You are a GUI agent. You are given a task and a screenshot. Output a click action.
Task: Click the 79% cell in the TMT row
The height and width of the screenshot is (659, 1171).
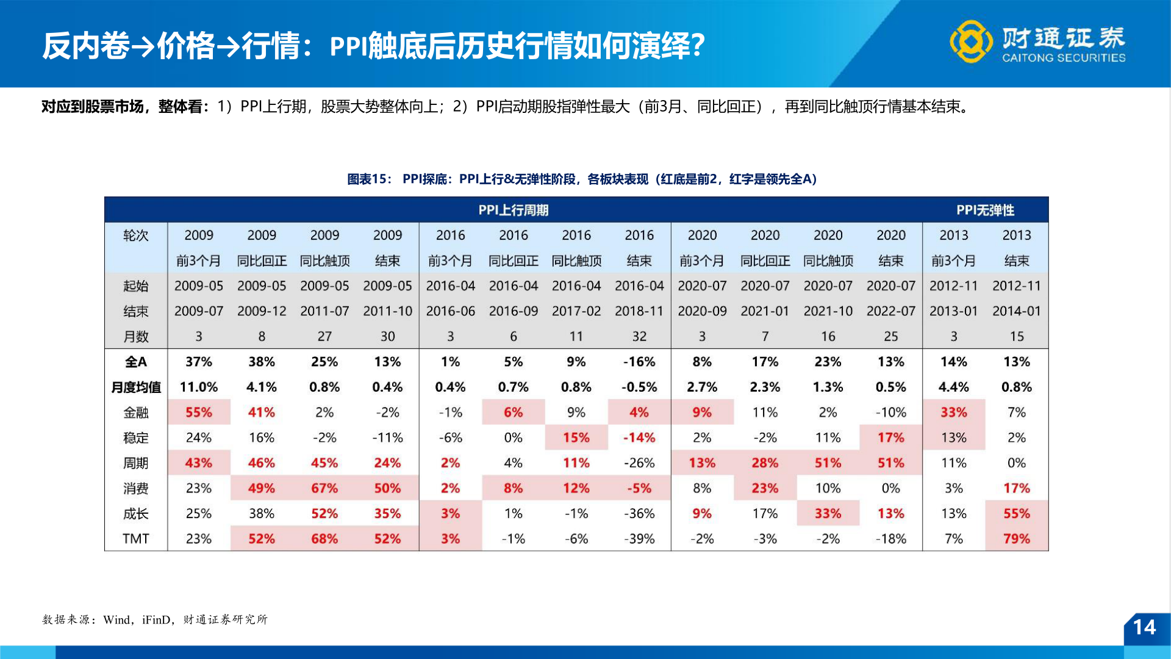[x=1016, y=539]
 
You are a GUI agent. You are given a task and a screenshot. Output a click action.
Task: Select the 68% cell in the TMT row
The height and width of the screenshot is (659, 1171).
[x=324, y=539]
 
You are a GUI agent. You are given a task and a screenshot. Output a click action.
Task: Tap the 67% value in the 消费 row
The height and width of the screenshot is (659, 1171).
[x=324, y=488]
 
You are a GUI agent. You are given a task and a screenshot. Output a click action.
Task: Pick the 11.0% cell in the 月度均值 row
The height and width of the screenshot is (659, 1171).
[x=198, y=387]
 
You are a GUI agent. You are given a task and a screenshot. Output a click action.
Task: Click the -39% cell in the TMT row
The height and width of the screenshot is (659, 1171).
[x=639, y=539]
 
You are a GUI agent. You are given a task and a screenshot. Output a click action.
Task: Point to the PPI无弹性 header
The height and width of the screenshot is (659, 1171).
[x=985, y=210]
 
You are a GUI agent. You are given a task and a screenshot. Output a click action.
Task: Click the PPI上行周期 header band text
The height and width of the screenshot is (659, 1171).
[x=513, y=210]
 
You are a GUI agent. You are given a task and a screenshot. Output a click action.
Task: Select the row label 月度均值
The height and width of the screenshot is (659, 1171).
[x=135, y=387]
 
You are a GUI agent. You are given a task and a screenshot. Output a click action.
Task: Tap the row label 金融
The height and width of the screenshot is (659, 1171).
[x=135, y=412]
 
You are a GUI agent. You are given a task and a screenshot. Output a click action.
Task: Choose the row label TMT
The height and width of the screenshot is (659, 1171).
[x=135, y=539]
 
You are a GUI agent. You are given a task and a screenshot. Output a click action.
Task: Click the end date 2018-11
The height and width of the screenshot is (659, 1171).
[x=639, y=311]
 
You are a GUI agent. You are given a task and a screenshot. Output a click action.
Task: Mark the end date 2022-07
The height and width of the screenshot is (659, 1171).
[x=890, y=311]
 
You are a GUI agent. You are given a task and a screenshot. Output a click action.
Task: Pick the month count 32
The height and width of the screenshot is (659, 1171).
[x=639, y=336]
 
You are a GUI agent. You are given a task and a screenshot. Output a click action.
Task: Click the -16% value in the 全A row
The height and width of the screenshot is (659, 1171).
[x=639, y=362]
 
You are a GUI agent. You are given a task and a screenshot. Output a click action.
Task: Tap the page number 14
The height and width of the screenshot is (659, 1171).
[x=1144, y=627]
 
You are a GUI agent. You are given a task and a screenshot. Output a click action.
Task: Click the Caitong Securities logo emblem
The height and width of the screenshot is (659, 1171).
[x=970, y=41]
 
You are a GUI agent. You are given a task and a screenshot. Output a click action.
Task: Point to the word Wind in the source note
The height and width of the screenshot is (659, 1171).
[x=116, y=620]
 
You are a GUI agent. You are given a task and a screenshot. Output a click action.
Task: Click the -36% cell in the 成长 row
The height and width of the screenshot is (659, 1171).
[x=639, y=514]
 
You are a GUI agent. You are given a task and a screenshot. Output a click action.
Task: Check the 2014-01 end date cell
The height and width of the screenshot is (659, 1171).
[x=1016, y=311]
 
